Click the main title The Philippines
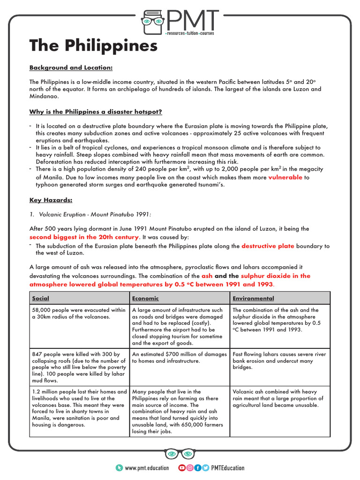click(x=93, y=46)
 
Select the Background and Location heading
click(x=71, y=67)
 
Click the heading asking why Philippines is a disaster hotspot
click(x=96, y=112)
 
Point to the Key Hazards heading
click(x=51, y=200)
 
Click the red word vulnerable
click(x=285, y=178)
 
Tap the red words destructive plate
click(x=268, y=246)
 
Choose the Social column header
click(x=41, y=298)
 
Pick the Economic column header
click(x=145, y=298)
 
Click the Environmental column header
click(x=253, y=298)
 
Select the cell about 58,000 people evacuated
click(x=79, y=313)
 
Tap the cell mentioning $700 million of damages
click(x=180, y=358)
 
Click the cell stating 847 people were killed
click(x=79, y=364)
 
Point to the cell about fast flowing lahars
click(x=279, y=360)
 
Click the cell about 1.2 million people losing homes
click(x=79, y=408)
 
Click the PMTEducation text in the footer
click(x=228, y=468)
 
